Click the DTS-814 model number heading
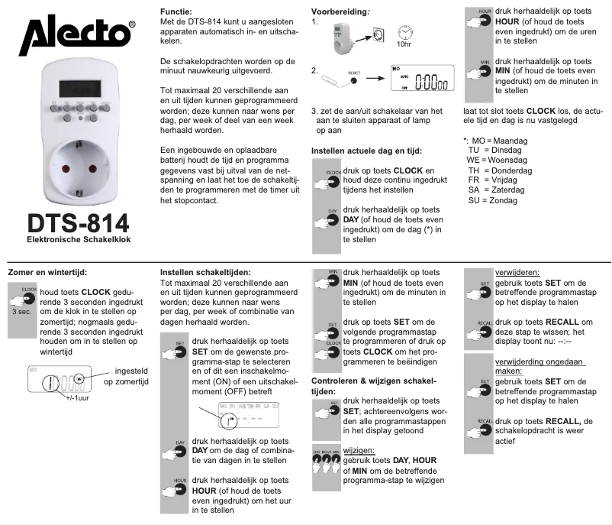[78, 225]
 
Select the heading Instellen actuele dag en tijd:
[366, 151]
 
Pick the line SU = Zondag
[491, 200]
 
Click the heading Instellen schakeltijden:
[205, 271]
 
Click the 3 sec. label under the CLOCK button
[21, 312]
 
